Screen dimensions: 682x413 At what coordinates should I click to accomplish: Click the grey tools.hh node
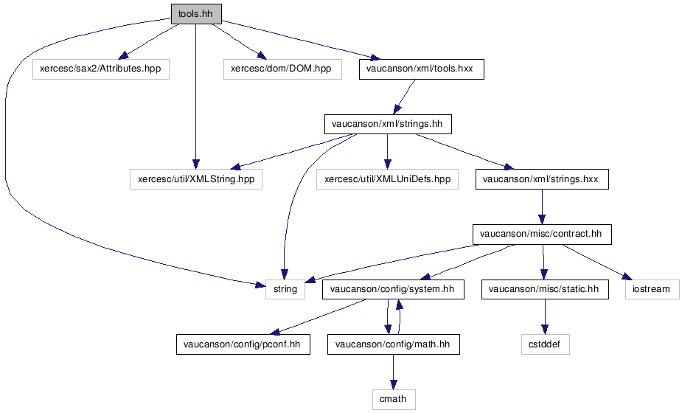coord(196,14)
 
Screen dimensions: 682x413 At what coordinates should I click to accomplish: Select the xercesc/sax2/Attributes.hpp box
coord(100,69)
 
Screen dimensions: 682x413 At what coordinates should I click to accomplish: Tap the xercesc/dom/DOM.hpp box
coord(282,69)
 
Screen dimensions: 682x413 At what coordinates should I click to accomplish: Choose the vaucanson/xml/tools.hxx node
coord(422,69)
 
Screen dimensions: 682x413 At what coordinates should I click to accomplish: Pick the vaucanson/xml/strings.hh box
coord(388,124)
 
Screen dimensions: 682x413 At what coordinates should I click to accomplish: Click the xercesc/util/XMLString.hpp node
coord(196,179)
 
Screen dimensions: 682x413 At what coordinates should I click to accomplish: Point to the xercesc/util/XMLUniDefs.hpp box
coord(387,179)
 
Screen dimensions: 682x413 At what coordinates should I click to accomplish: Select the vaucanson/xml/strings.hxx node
coord(542,179)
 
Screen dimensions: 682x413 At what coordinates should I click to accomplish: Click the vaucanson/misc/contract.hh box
coord(542,234)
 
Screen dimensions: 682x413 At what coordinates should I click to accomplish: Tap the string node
coord(285,289)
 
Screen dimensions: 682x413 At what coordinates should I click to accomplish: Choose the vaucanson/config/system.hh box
coord(393,289)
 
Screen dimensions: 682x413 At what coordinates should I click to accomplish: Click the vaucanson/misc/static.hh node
coord(545,289)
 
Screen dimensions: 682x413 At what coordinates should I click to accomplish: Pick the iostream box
coord(653,289)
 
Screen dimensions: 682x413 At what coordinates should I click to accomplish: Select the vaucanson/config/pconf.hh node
coord(243,344)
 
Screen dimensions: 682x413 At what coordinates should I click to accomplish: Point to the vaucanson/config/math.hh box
coord(393,344)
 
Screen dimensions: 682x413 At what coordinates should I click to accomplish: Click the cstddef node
coord(546,344)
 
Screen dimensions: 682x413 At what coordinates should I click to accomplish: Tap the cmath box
coord(394,399)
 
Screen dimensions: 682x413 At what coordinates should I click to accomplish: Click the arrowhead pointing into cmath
coord(394,385)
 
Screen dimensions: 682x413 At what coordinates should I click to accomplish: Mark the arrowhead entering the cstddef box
coord(545,330)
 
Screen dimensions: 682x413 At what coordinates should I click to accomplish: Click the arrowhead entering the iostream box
coord(627,277)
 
